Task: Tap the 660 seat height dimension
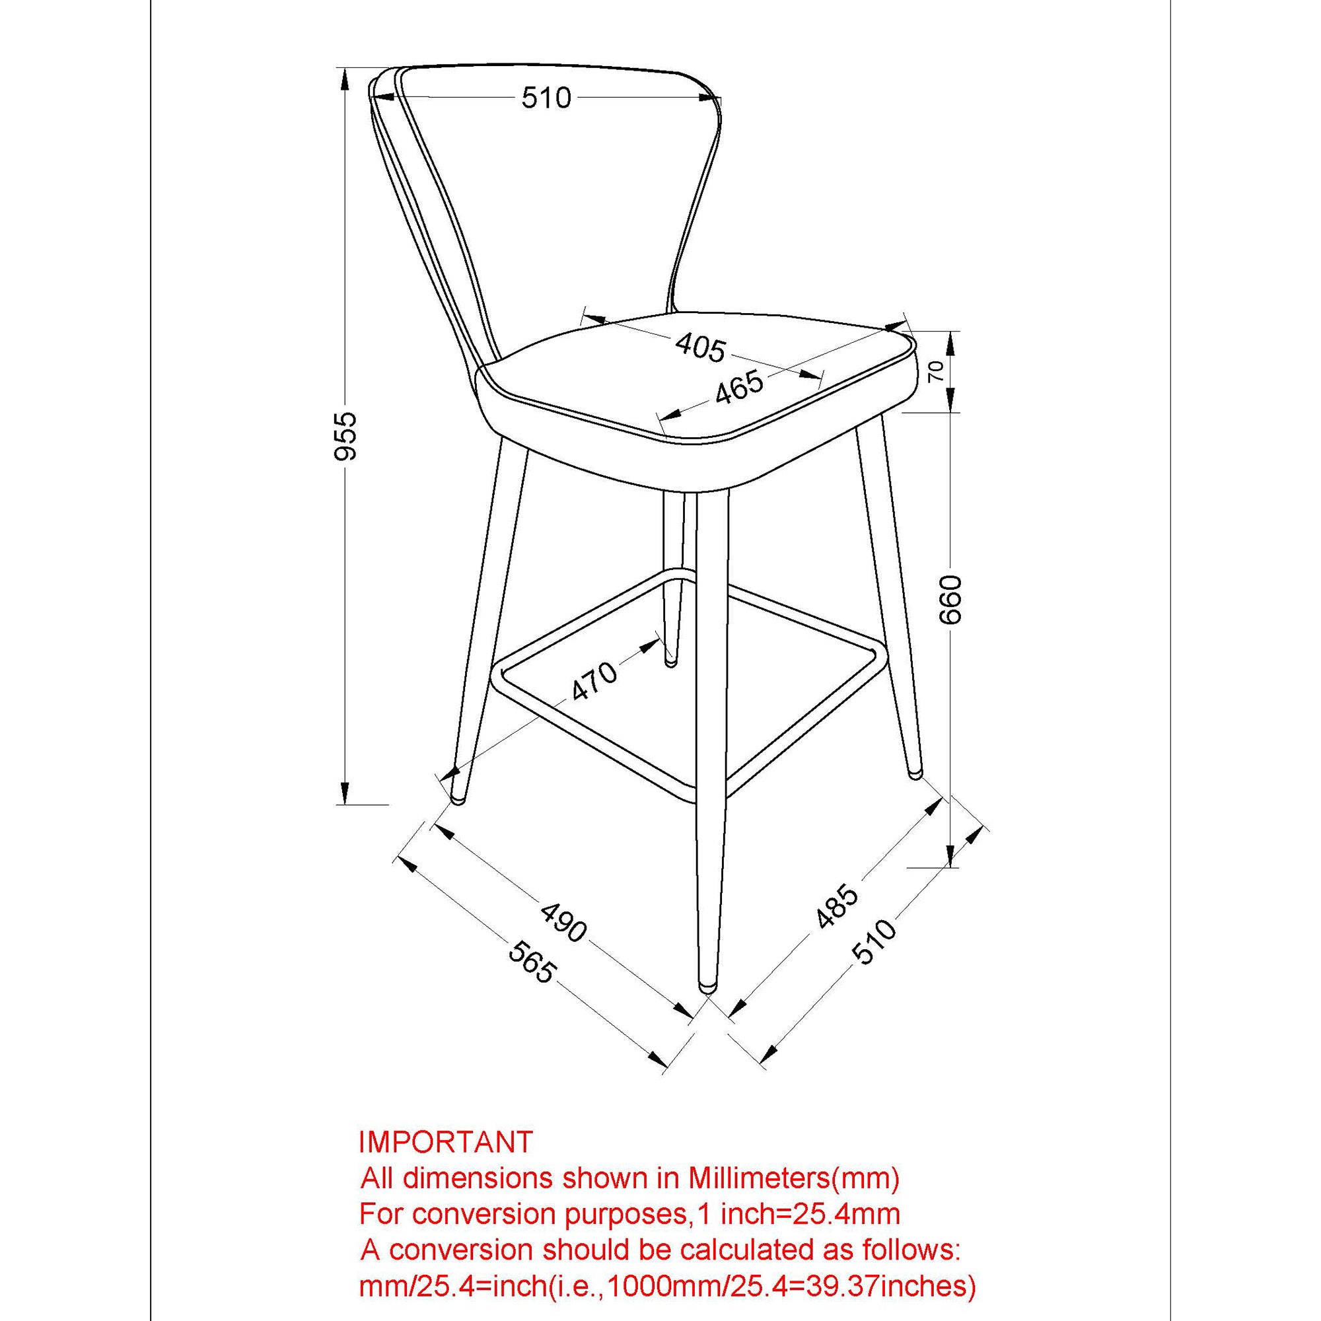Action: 951,600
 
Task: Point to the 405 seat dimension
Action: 699,348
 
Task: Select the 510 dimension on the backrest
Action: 546,98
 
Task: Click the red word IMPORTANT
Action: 446,1142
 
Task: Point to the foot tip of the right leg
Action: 914,775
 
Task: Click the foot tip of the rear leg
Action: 672,662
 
